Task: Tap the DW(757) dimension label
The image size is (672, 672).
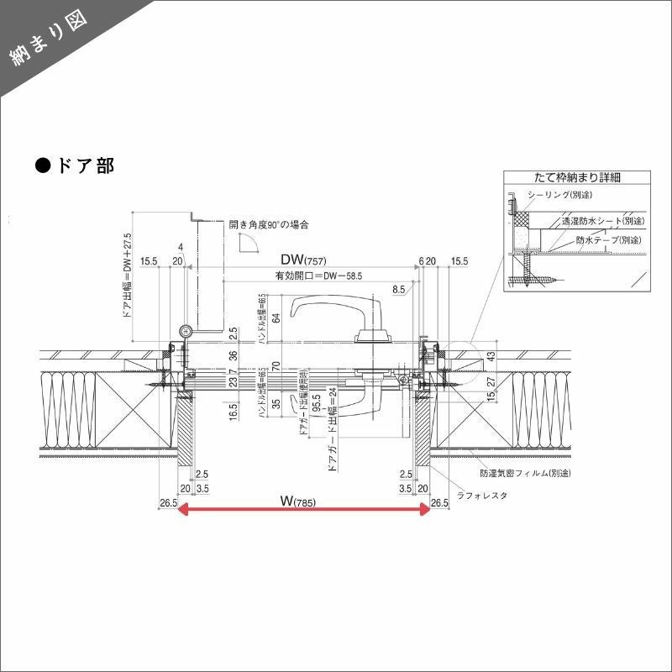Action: click(303, 260)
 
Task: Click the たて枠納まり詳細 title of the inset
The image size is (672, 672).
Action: click(578, 178)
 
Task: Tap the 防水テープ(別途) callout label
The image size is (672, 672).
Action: click(610, 239)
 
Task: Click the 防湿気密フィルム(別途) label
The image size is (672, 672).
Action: click(526, 474)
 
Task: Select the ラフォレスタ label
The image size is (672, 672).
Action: click(482, 496)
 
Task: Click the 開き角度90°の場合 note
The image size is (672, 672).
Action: click(269, 225)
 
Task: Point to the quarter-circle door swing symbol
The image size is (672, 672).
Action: click(249, 244)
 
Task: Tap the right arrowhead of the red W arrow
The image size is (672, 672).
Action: click(424, 511)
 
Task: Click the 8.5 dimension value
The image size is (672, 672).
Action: click(398, 289)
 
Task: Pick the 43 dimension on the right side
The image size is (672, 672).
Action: click(491, 358)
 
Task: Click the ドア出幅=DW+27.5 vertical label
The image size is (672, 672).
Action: click(128, 277)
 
